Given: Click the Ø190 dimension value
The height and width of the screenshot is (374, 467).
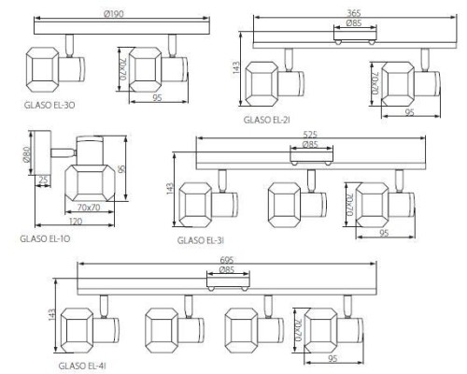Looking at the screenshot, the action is click(x=113, y=14).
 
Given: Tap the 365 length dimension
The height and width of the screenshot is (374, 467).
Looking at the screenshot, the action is click(x=354, y=13).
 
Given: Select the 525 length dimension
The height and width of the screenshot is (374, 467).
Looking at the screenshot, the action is click(x=310, y=135).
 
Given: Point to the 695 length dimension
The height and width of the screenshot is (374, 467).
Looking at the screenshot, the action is click(x=227, y=260).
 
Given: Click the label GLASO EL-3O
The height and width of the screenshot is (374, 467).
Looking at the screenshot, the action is click(x=50, y=105).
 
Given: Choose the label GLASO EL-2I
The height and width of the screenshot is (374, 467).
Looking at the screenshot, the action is click(x=267, y=120).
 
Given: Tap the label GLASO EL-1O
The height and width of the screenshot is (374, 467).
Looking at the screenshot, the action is click(x=45, y=238).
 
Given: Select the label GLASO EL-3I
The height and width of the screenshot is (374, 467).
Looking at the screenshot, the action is click(x=201, y=240).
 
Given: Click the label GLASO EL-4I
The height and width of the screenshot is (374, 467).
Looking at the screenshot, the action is click(x=82, y=366).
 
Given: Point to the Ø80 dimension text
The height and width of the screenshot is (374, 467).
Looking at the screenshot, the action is click(x=26, y=154).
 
